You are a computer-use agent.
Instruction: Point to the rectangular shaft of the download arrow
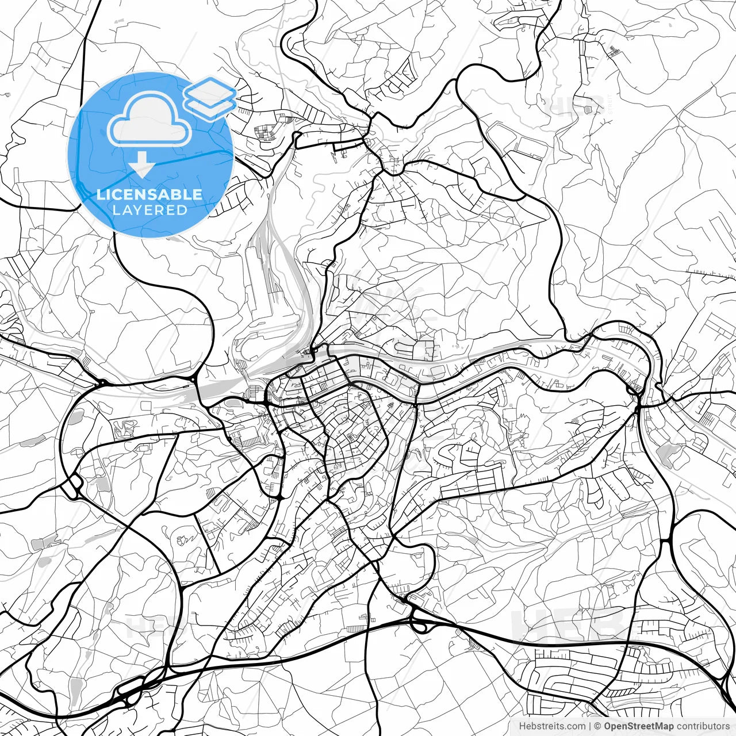141,157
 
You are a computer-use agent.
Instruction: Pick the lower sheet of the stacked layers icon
210,105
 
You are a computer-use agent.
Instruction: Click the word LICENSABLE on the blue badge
149,194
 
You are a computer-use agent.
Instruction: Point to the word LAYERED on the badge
149,210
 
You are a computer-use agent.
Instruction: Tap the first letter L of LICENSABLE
100,194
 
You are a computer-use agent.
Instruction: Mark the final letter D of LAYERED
182,210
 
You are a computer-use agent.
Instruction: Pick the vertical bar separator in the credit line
590,726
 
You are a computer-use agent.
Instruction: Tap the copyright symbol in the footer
597,726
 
